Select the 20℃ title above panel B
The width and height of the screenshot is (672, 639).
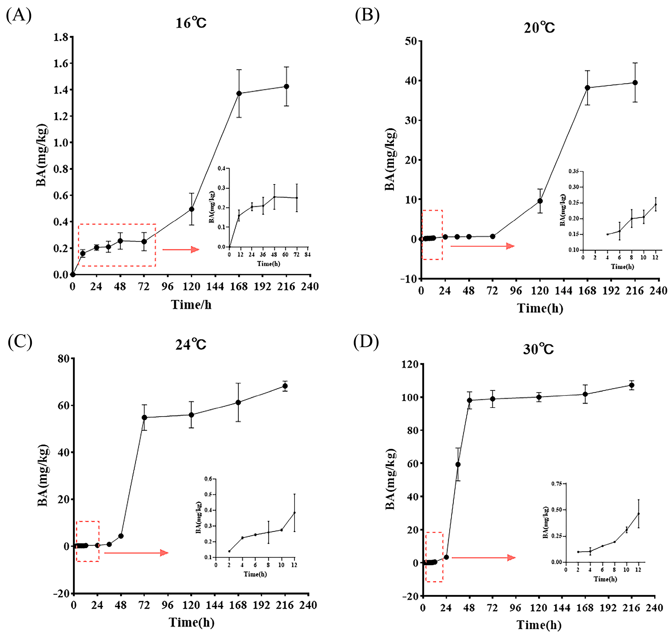tap(539, 28)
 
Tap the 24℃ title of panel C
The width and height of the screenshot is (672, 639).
tap(191, 345)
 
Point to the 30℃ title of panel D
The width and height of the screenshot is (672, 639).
tap(538, 349)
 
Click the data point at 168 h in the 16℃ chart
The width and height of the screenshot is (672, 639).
tap(239, 93)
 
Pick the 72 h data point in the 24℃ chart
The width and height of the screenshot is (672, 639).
tap(144, 418)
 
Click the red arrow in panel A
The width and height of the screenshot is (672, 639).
tap(180, 250)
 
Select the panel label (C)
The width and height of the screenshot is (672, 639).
tap(20, 342)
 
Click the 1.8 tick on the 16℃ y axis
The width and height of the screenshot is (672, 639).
tap(61, 37)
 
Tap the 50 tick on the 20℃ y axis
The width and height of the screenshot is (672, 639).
tap(411, 41)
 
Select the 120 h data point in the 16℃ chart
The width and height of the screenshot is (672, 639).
tap(191, 209)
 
